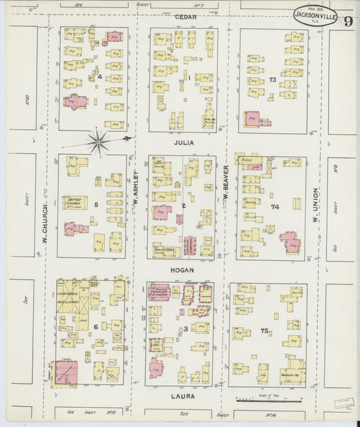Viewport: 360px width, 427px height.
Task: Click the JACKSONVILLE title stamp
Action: pos(314,14)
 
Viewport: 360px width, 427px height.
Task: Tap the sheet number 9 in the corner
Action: pos(346,20)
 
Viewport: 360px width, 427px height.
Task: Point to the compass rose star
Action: pos(99,141)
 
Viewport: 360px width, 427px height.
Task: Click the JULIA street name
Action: pos(182,143)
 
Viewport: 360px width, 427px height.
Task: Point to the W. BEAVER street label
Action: pos(226,186)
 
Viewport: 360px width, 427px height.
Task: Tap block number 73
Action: pos(273,80)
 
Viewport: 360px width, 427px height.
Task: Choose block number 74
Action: pos(274,207)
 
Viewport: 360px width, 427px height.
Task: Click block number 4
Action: pos(99,77)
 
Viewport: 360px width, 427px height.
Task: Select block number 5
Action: pos(97,204)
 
